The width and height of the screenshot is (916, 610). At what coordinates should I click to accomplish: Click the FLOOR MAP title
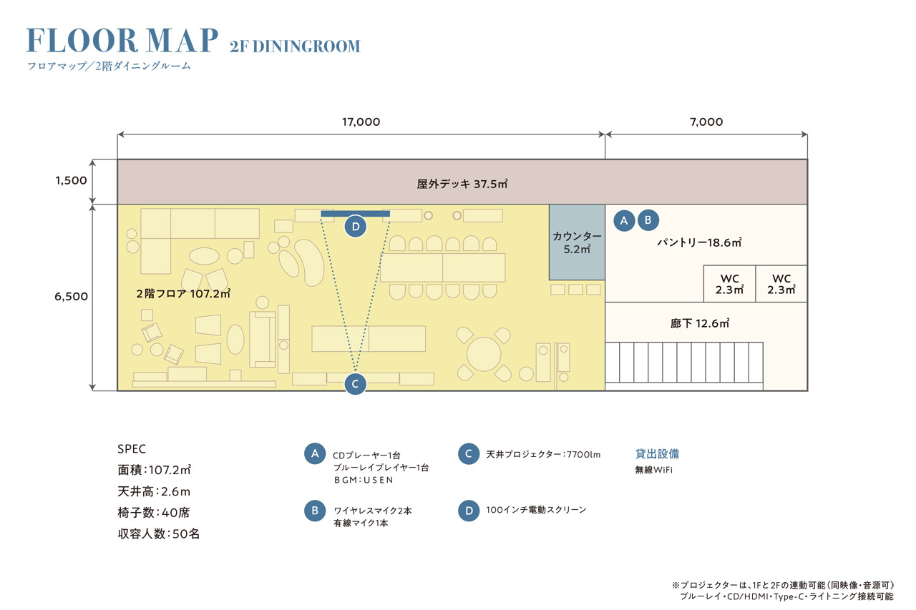[122, 41]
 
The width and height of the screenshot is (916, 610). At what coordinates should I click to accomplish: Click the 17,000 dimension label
[361, 122]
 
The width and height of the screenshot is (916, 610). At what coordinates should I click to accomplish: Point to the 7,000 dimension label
[706, 122]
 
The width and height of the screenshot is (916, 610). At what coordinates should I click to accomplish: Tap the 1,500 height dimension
[71, 180]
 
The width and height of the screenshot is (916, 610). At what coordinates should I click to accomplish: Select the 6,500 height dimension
[71, 296]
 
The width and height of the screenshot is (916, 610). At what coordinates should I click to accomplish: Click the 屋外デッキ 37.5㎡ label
[462, 184]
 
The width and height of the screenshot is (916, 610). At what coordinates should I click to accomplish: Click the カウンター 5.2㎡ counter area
[577, 242]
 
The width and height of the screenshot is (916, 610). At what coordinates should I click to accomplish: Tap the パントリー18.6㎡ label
[699, 243]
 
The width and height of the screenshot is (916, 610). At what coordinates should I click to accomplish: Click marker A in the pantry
[624, 220]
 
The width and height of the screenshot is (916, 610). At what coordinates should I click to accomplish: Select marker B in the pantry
[648, 220]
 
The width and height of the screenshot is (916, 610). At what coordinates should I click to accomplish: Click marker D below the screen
[355, 227]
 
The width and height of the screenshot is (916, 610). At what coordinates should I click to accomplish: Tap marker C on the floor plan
[355, 383]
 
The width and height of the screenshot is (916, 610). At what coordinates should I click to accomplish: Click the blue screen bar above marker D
[355, 214]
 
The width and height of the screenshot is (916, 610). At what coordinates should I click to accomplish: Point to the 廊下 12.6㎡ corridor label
[699, 324]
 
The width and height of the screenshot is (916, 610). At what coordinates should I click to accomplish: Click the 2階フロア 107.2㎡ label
[182, 294]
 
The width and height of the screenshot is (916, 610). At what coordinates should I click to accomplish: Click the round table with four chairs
[484, 353]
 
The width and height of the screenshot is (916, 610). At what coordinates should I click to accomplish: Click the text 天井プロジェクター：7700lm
[543, 454]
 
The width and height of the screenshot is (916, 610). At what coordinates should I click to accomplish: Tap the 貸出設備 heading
[657, 453]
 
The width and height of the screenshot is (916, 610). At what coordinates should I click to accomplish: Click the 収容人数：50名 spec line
[158, 533]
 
